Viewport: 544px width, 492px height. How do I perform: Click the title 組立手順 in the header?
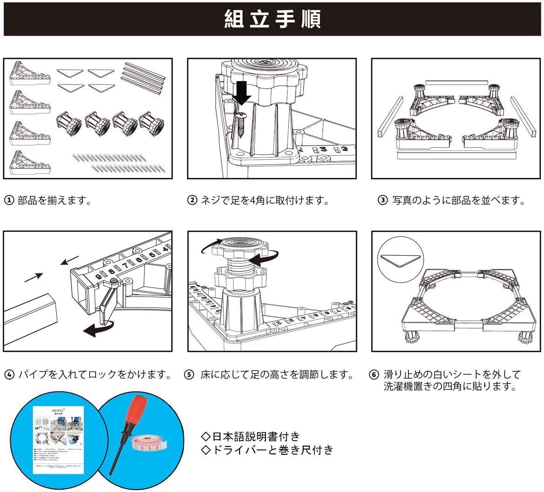tap(272, 19)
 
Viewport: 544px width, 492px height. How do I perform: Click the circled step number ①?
tap(9, 201)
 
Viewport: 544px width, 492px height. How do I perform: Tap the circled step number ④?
tap(9, 374)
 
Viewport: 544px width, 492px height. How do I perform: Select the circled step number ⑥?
tap(374, 374)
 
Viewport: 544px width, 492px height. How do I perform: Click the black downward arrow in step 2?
tap(241, 92)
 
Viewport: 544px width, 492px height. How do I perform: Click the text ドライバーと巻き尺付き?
tap(267, 449)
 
